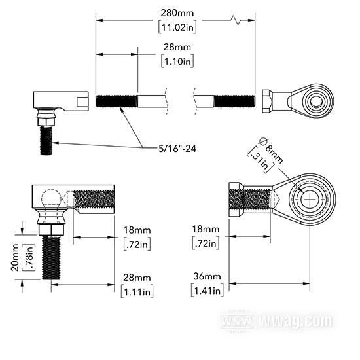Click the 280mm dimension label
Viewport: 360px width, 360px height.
(177, 13)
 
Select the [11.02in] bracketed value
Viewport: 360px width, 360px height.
(177, 27)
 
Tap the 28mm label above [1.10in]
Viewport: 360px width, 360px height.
(177, 47)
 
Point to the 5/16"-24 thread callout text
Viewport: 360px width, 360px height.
(177, 149)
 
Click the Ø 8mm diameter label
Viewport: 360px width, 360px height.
(270, 150)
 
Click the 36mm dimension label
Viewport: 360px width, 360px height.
(207, 276)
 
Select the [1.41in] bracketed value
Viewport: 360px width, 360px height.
(207, 291)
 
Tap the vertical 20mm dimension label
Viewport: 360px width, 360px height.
(14, 258)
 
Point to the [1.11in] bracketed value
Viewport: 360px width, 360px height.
(137, 292)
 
